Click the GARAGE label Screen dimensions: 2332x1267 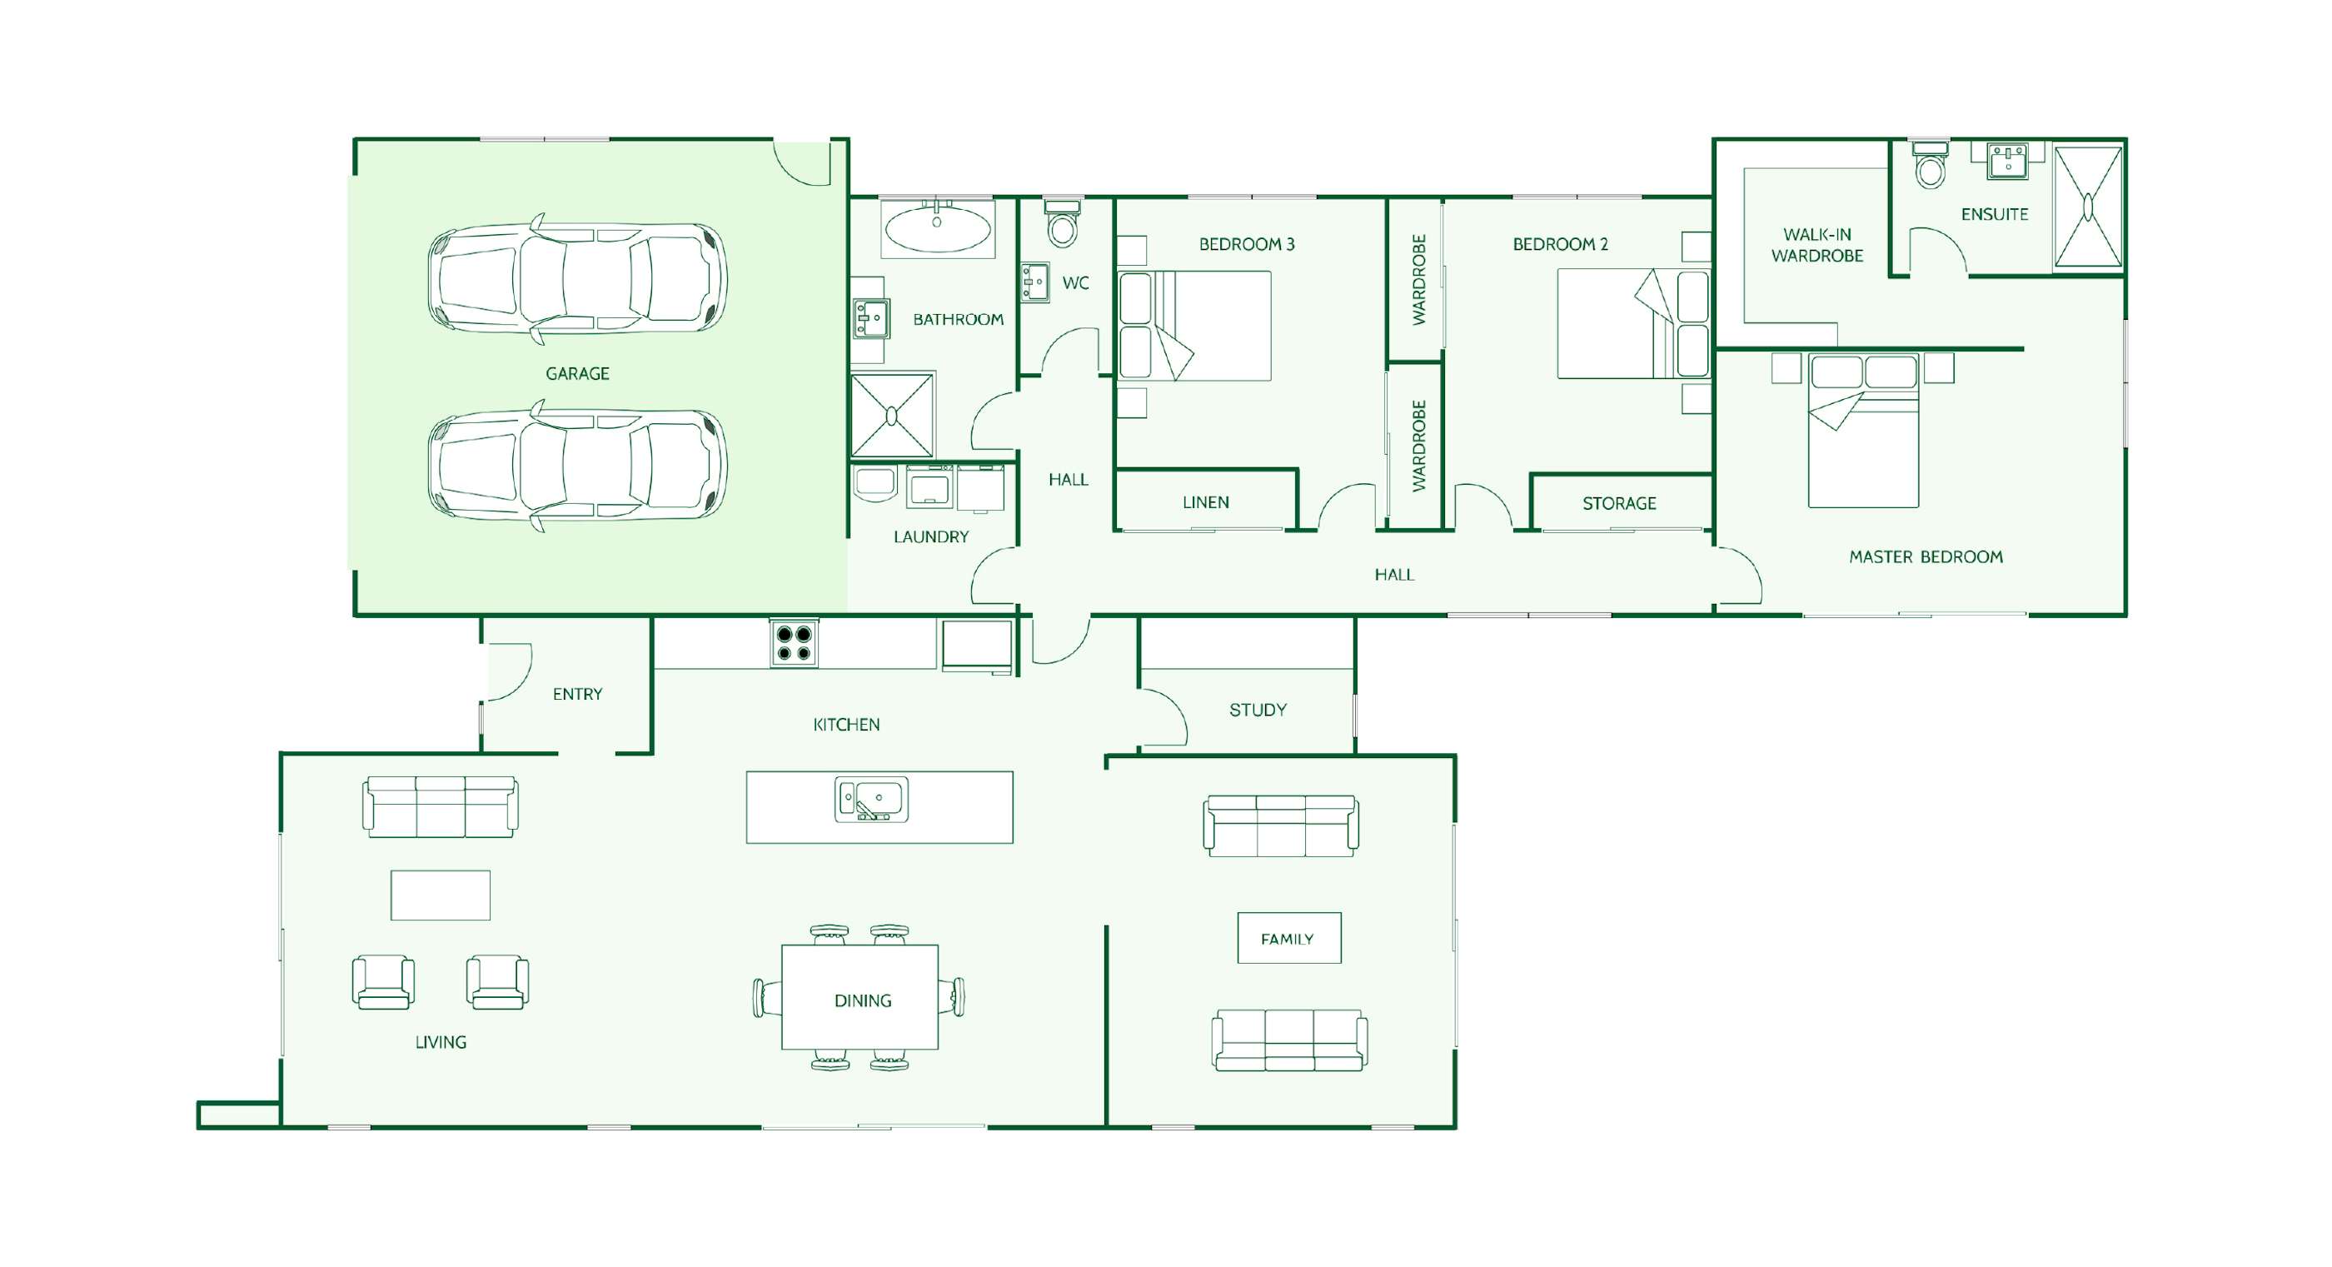[x=577, y=373]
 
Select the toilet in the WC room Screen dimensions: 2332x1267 [x=1063, y=222]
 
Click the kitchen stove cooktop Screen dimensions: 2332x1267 [x=794, y=643]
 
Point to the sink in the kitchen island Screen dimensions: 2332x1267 [x=871, y=800]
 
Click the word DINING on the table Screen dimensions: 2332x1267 [x=863, y=1000]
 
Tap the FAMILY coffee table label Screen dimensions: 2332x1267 [x=1288, y=939]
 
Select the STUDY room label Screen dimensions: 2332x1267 [x=1258, y=710]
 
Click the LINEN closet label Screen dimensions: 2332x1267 [x=1206, y=502]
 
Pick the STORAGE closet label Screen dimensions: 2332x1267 [x=1620, y=503]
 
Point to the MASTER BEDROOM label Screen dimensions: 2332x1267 [x=1926, y=557]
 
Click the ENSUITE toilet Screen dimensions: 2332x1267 [x=1931, y=164]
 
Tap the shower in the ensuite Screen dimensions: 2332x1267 [x=2088, y=207]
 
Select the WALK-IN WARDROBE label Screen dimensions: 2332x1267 [x=1818, y=246]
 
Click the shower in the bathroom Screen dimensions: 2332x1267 [x=892, y=415]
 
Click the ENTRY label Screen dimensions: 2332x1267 [x=577, y=695]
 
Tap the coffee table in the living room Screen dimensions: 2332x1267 [x=441, y=895]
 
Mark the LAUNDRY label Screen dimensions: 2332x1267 [x=931, y=537]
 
